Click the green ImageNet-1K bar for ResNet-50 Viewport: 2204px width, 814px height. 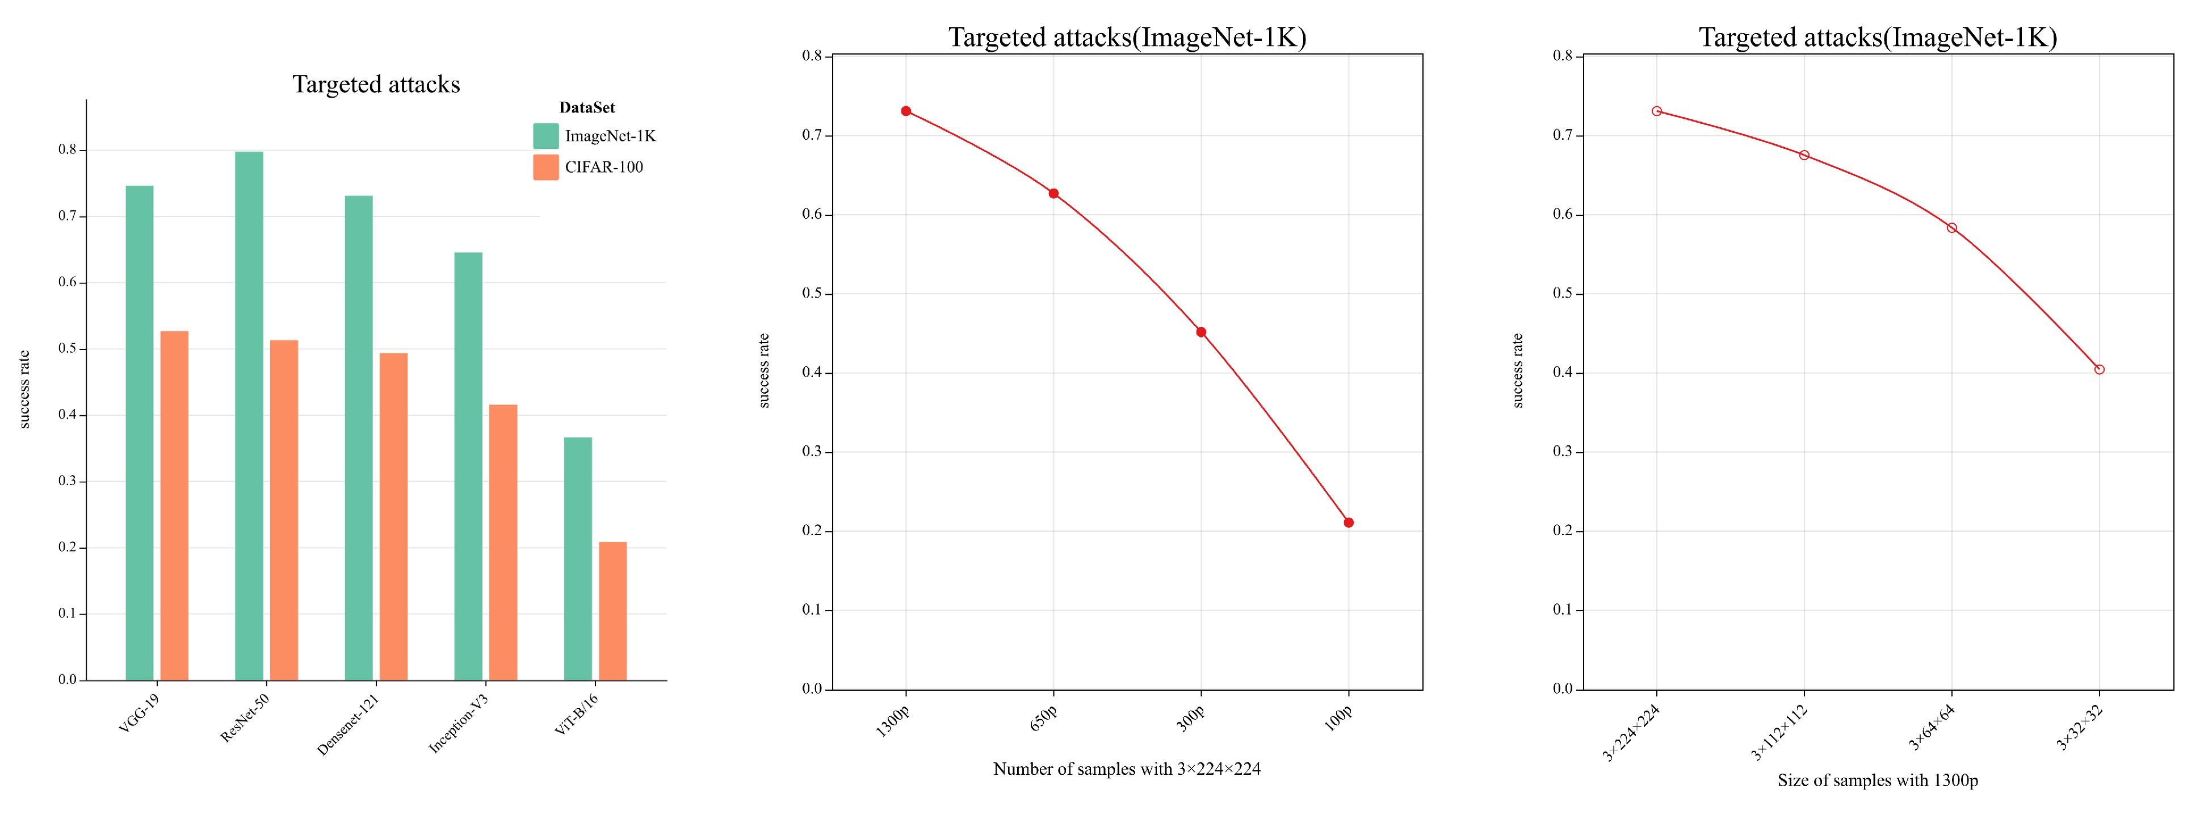(x=249, y=416)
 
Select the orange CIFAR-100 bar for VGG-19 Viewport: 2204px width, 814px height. (x=175, y=505)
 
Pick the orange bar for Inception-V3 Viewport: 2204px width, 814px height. (x=503, y=542)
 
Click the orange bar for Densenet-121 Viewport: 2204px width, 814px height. (x=393, y=517)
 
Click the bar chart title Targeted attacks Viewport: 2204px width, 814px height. (x=376, y=84)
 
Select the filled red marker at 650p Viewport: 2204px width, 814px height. (x=1053, y=194)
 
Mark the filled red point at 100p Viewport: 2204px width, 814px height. (x=1349, y=522)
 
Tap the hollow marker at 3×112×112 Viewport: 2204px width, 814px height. (x=1804, y=155)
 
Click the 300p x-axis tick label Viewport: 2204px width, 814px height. (x=1190, y=717)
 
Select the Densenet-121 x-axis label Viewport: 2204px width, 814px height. (x=349, y=724)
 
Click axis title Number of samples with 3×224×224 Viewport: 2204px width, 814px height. (x=1126, y=769)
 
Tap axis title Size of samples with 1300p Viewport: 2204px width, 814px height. (x=1877, y=780)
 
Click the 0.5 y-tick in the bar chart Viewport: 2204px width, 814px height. (x=67, y=348)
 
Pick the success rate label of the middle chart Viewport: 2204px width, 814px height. (x=764, y=370)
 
